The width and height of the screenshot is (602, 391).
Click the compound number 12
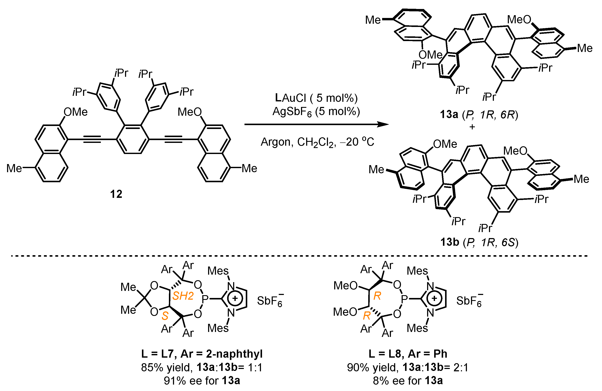116,194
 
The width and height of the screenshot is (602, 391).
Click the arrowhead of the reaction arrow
383,124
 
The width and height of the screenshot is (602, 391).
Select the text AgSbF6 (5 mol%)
316,111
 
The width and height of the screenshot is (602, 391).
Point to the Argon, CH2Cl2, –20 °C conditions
317,142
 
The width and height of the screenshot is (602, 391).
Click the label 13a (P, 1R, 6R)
479,114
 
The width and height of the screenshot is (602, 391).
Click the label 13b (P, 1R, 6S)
479,242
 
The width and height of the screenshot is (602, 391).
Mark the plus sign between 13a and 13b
472,127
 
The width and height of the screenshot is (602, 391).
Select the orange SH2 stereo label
183,296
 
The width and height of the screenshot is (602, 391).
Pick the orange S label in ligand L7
165,316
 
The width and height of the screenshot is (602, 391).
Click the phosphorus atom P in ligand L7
205,299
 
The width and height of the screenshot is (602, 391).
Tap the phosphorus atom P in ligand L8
404,299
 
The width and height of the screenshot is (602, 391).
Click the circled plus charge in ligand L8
434,299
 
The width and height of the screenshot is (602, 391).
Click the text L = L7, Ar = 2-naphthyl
202,354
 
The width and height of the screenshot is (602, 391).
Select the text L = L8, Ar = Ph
408,354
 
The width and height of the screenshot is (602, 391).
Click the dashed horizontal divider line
298,256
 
